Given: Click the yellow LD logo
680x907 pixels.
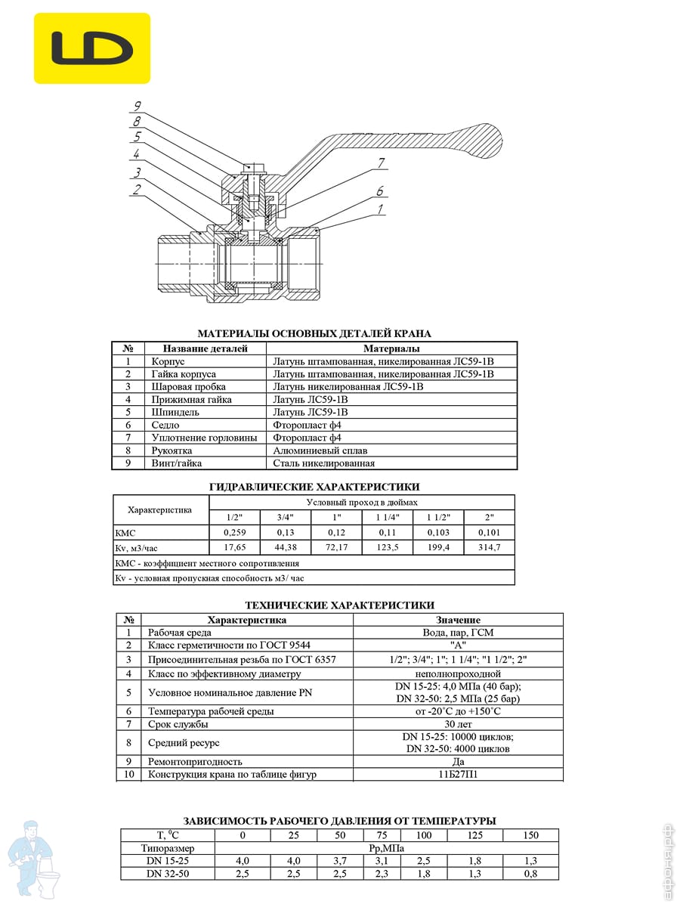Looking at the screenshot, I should point(92,48).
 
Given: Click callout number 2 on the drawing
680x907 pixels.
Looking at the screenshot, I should point(136,189).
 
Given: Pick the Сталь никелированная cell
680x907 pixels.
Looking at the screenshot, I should point(323,463).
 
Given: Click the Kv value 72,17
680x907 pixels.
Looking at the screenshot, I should point(336,547).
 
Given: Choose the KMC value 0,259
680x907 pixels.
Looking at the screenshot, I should point(234,533).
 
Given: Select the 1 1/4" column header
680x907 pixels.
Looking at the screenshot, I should point(388,518).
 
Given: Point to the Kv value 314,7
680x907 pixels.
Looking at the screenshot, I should point(490,547).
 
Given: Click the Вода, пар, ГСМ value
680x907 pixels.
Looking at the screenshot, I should point(458,633).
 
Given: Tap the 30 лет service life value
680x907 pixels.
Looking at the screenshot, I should point(458,724).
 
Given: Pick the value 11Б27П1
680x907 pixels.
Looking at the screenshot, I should point(458,775).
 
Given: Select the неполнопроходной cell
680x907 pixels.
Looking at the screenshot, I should point(458,673).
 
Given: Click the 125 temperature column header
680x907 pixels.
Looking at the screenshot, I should point(474,835).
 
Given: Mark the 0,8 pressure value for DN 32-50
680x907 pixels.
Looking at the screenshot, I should point(531,874).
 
